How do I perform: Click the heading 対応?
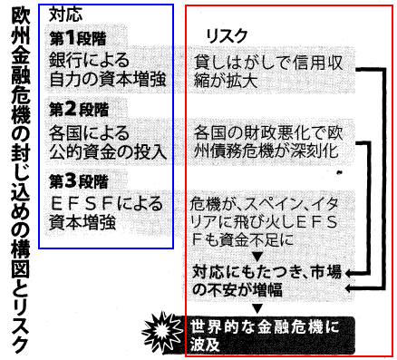pyautogui.click(x=65, y=14)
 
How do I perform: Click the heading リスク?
pyautogui.click(x=226, y=37)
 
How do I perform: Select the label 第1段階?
pyautogui.click(x=78, y=38)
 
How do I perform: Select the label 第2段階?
pyautogui.click(x=79, y=109)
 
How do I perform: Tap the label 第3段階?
pyautogui.click(x=79, y=181)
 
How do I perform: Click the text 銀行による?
pyautogui.click(x=89, y=61)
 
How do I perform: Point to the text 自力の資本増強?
pyautogui.click(x=108, y=79)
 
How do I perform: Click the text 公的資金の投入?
pyautogui.click(x=108, y=151)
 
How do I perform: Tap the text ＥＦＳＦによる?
pyautogui.click(x=107, y=204)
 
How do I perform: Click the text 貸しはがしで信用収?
pyautogui.click(x=268, y=63)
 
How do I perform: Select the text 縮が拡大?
pyautogui.click(x=226, y=81)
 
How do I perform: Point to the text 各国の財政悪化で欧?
pyautogui.click(x=268, y=133)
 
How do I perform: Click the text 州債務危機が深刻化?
pyautogui.click(x=266, y=151)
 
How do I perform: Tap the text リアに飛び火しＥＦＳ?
pyautogui.click(x=264, y=223)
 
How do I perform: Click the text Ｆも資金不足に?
pyautogui.click(x=242, y=240)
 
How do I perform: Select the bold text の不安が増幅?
pyautogui.click(x=237, y=289)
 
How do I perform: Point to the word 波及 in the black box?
pyautogui.click(x=205, y=345)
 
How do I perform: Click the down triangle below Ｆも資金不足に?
pyautogui.click(x=257, y=258)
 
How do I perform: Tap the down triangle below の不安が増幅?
pyautogui.click(x=257, y=308)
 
